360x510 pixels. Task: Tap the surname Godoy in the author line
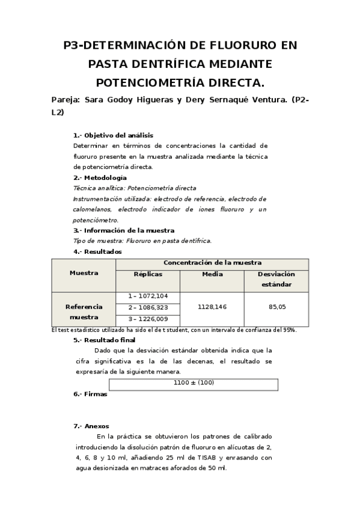point(130,100)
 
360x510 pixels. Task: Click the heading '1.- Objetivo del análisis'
point(113,135)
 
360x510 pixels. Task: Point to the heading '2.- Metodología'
point(100,177)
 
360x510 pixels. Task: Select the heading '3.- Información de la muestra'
point(124,230)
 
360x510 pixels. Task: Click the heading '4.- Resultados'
point(97,251)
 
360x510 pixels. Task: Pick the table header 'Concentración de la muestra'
point(212,263)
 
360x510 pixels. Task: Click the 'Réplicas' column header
point(147,274)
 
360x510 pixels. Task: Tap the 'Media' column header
point(212,274)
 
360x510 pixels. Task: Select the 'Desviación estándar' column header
point(276,279)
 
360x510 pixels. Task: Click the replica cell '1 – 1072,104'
point(148,296)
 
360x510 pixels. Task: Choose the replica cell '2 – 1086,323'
point(148,307)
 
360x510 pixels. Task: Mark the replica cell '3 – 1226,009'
point(148,319)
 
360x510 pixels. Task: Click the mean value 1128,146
point(212,307)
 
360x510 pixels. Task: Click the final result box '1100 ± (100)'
point(194,383)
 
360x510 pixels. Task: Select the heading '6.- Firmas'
point(90,395)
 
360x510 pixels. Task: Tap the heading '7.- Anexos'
point(91,426)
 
